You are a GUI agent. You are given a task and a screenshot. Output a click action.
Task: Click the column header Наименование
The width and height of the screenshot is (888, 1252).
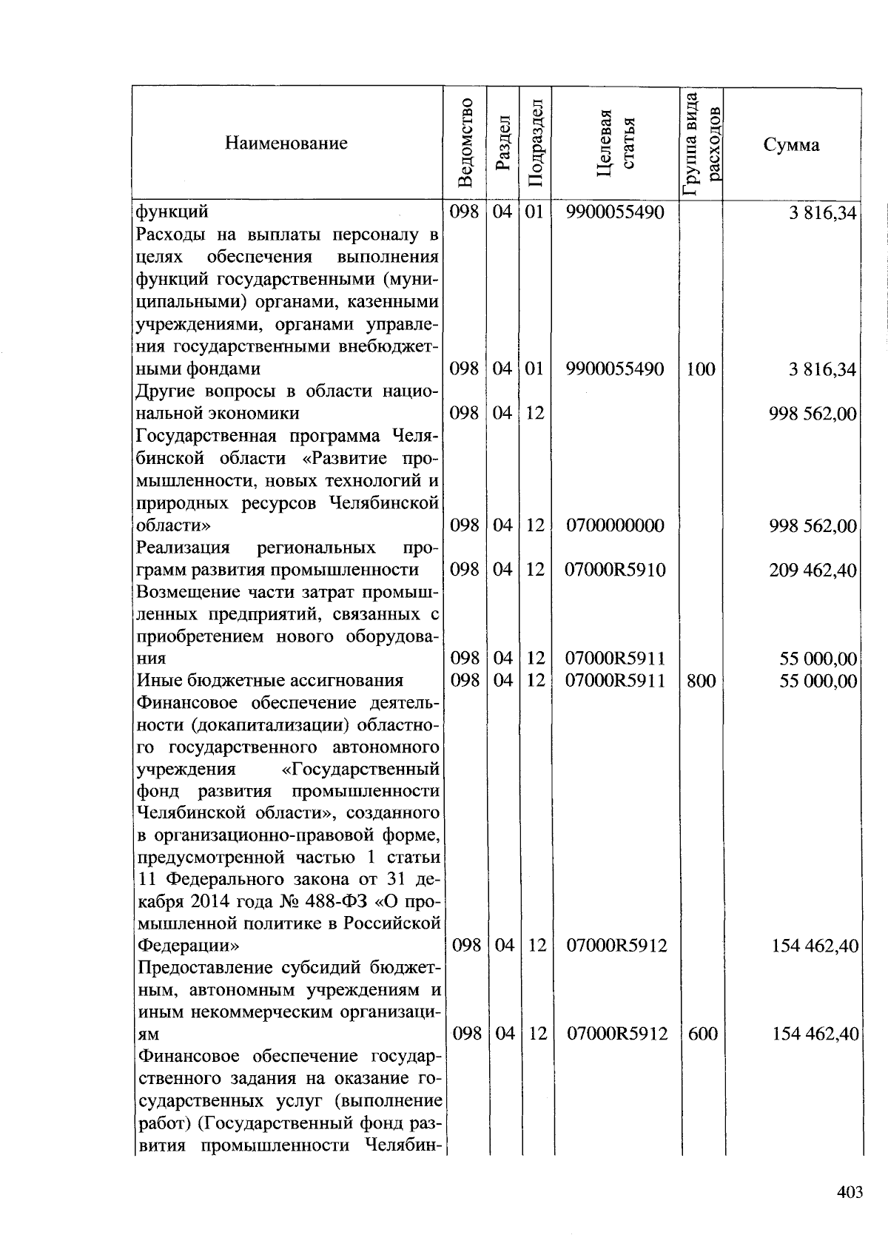(286, 143)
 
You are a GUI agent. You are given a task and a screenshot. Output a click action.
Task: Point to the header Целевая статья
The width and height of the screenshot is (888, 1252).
(616, 143)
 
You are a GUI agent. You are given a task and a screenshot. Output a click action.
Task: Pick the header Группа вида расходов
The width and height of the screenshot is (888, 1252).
(702, 143)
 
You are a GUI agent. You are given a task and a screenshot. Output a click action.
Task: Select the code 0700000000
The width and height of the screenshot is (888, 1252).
(615, 525)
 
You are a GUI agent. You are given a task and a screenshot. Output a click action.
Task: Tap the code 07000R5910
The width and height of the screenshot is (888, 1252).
(615, 570)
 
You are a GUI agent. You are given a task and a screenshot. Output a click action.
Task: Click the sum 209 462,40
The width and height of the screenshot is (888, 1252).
(813, 570)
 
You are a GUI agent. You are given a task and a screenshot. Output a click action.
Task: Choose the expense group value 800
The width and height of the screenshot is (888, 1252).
(701, 681)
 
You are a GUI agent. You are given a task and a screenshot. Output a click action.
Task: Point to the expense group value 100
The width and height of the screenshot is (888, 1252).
(700, 368)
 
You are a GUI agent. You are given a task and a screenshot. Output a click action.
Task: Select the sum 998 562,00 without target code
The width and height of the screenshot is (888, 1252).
(813, 413)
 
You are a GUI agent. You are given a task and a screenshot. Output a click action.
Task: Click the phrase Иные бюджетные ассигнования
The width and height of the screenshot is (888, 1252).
(270, 680)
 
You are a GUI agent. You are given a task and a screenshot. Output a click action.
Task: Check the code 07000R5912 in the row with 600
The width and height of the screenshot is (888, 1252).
(616, 1034)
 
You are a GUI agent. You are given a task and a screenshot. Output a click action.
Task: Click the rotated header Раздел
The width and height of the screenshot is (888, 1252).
(503, 143)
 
